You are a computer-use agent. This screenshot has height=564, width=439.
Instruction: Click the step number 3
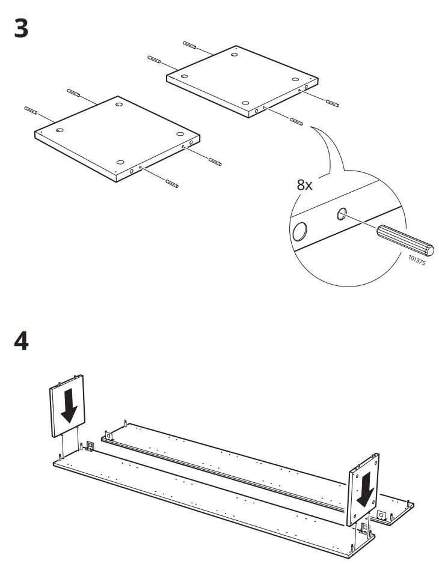click(21, 28)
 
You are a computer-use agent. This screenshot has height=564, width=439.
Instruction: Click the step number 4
click(21, 341)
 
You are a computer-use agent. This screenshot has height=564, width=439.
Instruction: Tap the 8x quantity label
click(304, 185)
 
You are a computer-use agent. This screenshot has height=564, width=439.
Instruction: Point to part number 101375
click(417, 260)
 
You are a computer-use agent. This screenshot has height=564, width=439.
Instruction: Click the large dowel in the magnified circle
click(405, 239)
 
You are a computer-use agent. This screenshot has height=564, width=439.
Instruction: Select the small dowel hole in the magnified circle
click(342, 214)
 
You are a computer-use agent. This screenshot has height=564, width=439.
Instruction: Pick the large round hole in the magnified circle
click(299, 231)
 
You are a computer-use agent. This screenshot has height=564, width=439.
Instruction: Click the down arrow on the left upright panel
click(69, 407)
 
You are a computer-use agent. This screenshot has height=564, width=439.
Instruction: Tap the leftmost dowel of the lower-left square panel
click(31, 111)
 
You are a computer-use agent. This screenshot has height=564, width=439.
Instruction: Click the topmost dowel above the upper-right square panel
click(189, 46)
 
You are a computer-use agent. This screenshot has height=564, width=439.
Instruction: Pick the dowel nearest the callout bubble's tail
click(296, 121)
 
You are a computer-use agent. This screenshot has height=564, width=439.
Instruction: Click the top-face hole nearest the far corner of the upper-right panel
click(235, 55)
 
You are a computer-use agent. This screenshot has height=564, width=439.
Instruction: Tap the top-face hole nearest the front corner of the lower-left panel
click(120, 162)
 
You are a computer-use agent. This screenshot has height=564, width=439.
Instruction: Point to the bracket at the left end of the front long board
click(90, 446)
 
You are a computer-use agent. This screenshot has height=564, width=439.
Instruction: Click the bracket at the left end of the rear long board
click(109, 435)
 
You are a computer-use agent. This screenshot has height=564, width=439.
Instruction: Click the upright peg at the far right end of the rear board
click(408, 503)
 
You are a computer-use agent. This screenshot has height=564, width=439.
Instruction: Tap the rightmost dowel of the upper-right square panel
click(333, 103)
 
